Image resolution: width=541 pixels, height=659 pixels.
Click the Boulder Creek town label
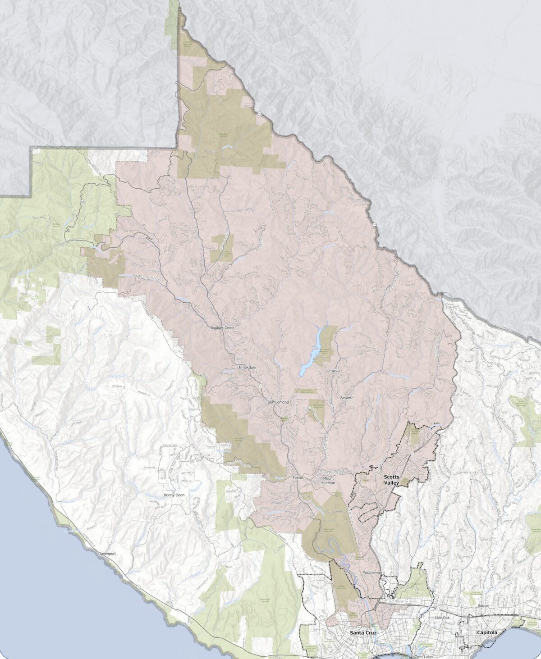222,327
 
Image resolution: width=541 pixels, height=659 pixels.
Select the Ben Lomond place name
278,402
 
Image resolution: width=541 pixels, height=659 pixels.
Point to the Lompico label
332,370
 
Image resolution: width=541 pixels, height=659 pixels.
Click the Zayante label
347,398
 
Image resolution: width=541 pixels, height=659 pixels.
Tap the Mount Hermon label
328,480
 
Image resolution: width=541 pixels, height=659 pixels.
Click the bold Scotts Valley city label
391,479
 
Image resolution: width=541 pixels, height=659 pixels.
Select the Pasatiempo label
372,572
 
